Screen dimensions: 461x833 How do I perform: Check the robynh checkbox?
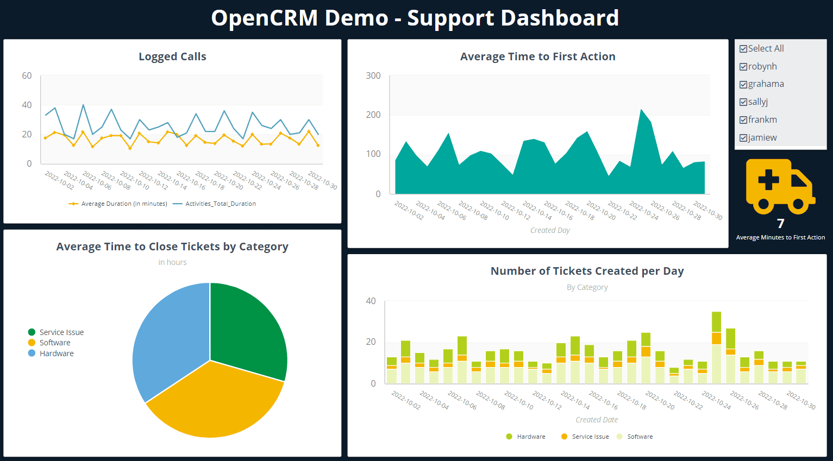tap(743, 67)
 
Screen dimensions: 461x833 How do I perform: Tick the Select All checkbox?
tap(743, 49)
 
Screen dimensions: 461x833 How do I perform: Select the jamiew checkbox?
tap(743, 138)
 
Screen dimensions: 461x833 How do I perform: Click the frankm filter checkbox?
tap(743, 120)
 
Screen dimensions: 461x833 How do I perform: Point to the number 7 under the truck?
tap(780, 224)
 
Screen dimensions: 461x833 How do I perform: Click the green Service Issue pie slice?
tap(245, 331)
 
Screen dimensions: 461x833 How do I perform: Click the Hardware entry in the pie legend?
tap(56, 353)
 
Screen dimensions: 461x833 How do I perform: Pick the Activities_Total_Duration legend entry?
tap(220, 204)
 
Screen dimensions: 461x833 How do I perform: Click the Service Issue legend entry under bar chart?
tap(590, 437)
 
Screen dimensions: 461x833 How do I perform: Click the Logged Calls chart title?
tap(172, 56)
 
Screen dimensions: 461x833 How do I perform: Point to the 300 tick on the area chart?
tap(373, 75)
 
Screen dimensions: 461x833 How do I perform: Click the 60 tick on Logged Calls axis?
tap(27, 75)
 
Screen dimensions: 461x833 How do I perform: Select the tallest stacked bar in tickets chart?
tap(716, 348)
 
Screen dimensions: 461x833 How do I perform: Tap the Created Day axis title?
tap(550, 230)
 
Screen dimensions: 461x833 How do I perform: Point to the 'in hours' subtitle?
tap(172, 262)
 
